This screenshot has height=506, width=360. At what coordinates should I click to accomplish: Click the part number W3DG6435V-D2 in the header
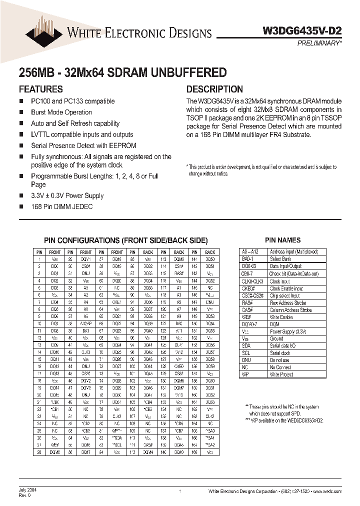pos(302,30)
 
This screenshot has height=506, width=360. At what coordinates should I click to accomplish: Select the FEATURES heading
pos(40,89)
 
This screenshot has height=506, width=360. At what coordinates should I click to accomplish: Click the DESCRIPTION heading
pos(214,89)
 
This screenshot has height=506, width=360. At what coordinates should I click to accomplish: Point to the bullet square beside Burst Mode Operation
pos(21,112)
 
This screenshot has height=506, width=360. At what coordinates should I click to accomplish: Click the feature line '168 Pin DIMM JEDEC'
pos(61,206)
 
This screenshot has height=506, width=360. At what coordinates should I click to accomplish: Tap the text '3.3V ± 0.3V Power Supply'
pos(67,195)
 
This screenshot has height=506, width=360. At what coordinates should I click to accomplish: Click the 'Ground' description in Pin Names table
pos(277,338)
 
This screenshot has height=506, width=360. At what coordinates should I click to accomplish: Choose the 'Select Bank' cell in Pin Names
pos(280,259)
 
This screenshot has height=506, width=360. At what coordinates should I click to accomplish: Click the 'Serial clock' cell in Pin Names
pos(280,353)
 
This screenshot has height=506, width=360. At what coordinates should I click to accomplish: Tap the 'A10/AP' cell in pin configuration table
pos(86,323)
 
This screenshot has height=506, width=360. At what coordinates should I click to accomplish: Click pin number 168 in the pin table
pos(194,452)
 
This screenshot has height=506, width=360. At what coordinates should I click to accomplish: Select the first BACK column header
pos(148,252)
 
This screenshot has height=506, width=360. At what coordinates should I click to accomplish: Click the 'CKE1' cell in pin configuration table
pos(117,302)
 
